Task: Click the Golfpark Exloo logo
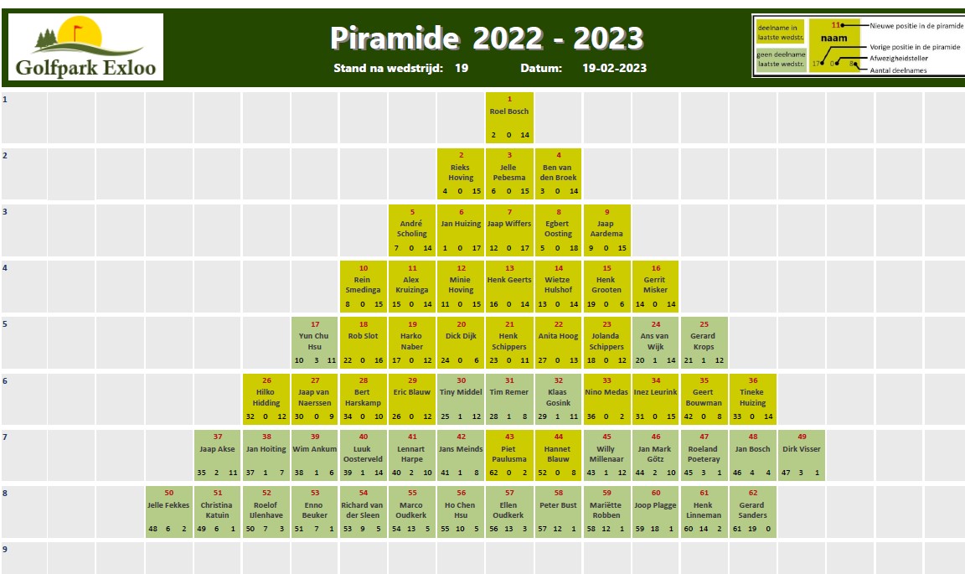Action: tap(85, 47)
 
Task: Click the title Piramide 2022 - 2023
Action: tap(487, 39)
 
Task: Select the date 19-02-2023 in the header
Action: tap(614, 69)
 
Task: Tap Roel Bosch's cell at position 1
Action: tap(509, 117)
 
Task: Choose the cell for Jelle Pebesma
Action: tap(509, 173)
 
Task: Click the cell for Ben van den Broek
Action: tap(558, 173)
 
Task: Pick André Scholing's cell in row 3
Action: tap(412, 230)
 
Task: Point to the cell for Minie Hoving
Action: tap(461, 287)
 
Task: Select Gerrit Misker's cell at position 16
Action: tap(655, 287)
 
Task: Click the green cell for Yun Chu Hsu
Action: tap(314, 343)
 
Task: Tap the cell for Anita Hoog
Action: tap(558, 343)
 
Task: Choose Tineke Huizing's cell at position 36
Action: tap(753, 399)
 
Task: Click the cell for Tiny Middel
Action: tap(461, 399)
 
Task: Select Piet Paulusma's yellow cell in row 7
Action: tap(509, 455)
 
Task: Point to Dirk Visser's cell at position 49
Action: tap(802, 455)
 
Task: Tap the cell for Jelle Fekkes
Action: tap(168, 511)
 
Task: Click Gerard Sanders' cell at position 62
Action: tap(753, 511)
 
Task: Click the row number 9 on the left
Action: tap(5, 550)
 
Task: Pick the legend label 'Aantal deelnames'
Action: tap(898, 70)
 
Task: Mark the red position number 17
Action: tap(315, 324)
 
